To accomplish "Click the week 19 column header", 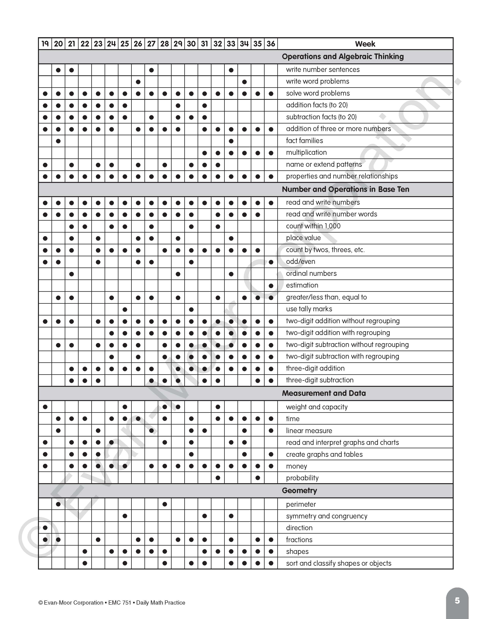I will [x=45, y=44].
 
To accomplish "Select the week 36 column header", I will [x=271, y=44].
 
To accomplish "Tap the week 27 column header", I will [x=151, y=44].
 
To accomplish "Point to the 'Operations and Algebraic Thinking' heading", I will [x=343, y=56].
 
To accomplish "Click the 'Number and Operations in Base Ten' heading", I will [x=345, y=189].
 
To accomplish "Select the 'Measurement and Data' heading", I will [x=324, y=393].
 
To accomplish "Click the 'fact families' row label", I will [x=304, y=141].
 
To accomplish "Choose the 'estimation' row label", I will [x=302, y=285].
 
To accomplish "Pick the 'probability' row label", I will [x=302, y=478].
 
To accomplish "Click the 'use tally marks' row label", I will [x=309, y=309].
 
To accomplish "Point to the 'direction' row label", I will [x=299, y=528].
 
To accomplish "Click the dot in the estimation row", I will [x=271, y=286].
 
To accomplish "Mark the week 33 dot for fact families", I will [x=231, y=141].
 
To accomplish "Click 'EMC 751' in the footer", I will [x=120, y=602].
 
